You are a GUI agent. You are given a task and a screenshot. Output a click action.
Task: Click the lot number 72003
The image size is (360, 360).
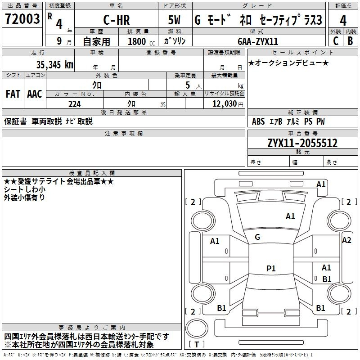(x=22, y=19)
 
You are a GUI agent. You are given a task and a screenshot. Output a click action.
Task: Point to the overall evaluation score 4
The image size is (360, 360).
(x=343, y=20)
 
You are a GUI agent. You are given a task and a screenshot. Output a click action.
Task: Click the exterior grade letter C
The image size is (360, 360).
(x=335, y=40)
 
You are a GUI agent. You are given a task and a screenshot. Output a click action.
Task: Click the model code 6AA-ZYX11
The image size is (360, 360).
(x=258, y=41)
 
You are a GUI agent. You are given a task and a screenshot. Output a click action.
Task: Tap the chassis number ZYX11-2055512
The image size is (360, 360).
(x=302, y=143)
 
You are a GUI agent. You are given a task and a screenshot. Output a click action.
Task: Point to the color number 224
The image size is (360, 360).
(x=74, y=104)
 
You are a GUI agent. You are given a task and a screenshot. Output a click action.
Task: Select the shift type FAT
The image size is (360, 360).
(x=13, y=94)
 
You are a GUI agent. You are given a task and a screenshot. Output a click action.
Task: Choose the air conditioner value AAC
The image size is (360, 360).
(x=35, y=94)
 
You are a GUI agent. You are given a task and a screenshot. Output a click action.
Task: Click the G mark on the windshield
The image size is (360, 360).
(x=257, y=237)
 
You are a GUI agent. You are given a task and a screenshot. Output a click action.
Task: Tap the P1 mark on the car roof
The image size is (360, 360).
(x=271, y=269)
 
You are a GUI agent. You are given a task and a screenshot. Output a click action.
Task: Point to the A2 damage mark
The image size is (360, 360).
(x=346, y=240)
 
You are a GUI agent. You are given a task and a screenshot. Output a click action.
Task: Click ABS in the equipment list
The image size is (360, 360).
(x=258, y=121)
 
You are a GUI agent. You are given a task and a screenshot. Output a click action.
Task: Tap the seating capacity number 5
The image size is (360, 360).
(x=186, y=85)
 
